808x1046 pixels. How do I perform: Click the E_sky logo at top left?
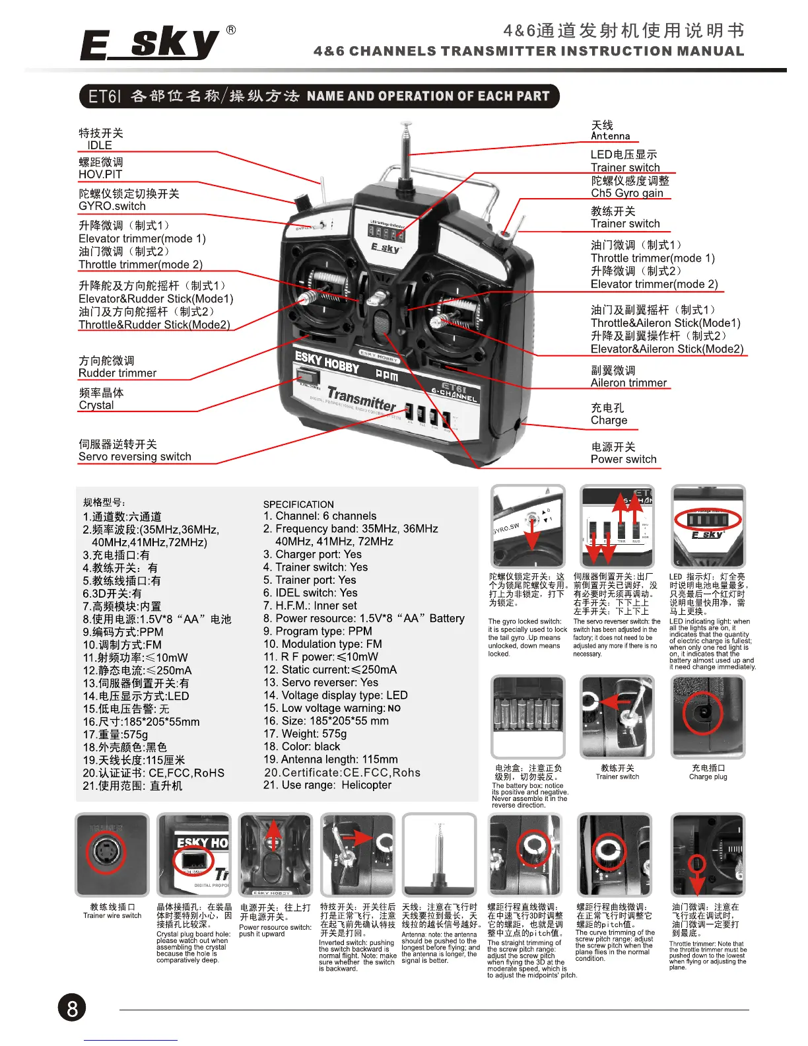[x=151, y=45]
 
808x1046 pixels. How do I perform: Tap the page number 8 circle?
[x=72, y=1008]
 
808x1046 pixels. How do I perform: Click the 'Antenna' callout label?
[x=610, y=136]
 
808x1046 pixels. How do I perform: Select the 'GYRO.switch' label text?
[x=112, y=206]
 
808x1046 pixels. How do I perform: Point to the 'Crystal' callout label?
[x=96, y=405]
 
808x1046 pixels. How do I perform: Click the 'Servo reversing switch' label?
[x=135, y=456]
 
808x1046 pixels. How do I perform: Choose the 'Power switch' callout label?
[x=623, y=459]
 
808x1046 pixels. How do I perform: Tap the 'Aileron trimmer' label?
[x=628, y=382]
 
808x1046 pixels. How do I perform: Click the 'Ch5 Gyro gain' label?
[x=626, y=193]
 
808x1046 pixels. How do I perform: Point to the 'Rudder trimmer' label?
[x=118, y=373]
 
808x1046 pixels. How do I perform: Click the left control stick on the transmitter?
[x=309, y=297]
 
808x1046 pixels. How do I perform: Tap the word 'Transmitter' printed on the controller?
[x=362, y=398]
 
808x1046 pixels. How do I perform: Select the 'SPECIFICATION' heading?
[x=298, y=504]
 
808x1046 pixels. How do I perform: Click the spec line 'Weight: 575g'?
[x=305, y=734]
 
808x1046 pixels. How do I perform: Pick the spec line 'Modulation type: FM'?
[x=322, y=644]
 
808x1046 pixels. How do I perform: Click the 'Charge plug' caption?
[x=708, y=777]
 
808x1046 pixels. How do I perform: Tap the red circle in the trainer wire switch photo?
[x=106, y=854]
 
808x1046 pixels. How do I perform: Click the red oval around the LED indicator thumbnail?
[x=708, y=520]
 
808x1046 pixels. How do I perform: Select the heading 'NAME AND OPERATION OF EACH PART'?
[x=428, y=96]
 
